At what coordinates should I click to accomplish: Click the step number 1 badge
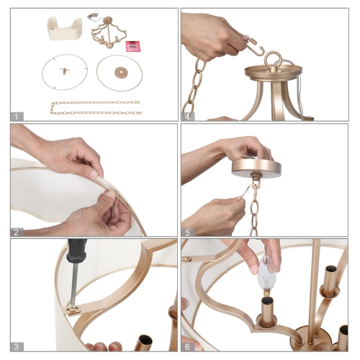tap(18, 115)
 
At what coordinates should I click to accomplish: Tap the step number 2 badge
tap(18, 231)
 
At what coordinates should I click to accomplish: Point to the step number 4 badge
tap(189, 115)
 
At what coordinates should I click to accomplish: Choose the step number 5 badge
tap(189, 231)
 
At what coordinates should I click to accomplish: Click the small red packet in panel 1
tap(132, 45)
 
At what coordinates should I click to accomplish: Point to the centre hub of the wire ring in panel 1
tap(64, 71)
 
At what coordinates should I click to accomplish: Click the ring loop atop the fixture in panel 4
tap(274, 59)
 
